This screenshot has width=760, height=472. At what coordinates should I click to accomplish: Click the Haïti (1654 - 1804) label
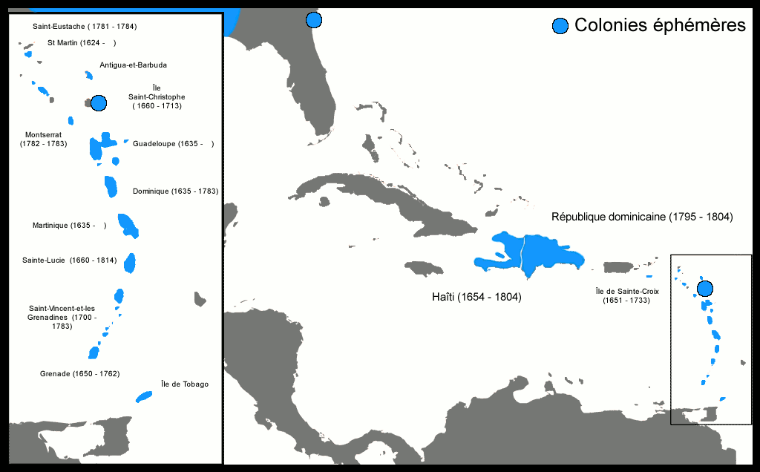point(476,297)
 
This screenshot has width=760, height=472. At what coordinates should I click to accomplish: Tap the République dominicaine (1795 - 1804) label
point(642,217)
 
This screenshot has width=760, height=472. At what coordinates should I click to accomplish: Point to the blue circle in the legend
point(560,27)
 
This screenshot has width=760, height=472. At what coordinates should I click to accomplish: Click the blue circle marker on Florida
point(314,20)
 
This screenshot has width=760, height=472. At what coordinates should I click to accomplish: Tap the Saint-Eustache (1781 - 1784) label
point(85,27)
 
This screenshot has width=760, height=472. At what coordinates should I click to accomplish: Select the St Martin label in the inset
point(82,43)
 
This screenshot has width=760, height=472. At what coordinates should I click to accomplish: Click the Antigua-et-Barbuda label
point(134,65)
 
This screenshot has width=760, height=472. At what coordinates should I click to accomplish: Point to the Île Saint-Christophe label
point(157,96)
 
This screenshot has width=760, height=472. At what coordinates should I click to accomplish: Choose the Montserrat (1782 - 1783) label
point(43,139)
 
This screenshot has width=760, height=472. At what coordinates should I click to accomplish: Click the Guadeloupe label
point(173,144)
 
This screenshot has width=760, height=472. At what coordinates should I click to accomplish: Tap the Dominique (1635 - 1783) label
point(175,191)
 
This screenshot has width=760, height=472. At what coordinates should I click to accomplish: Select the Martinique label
point(69,226)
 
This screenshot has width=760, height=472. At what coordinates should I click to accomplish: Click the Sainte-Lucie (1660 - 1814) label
point(70,260)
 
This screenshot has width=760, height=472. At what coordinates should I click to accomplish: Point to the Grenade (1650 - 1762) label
point(79,373)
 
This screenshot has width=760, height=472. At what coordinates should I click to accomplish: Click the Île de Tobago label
point(185,384)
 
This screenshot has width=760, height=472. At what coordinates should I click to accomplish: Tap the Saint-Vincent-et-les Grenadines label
point(62,317)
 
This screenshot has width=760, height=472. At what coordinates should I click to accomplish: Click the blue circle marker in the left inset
point(99,103)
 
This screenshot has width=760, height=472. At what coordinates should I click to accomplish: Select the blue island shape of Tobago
point(144,397)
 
